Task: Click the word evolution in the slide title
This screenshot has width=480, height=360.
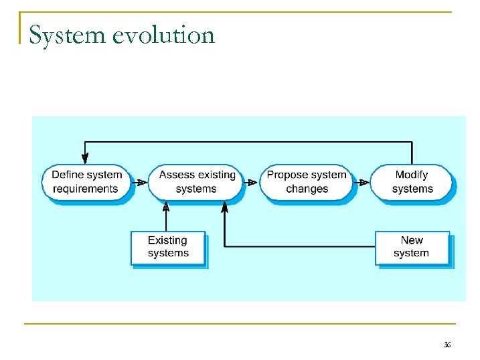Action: (163, 35)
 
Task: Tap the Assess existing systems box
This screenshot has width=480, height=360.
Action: (196, 181)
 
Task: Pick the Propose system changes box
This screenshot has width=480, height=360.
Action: (306, 181)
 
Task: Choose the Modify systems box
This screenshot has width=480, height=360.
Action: (411, 181)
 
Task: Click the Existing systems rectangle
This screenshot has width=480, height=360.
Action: (167, 247)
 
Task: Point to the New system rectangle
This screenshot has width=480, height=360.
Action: (411, 247)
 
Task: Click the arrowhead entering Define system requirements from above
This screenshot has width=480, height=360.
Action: (85, 158)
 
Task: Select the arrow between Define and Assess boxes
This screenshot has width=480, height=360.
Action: (139, 181)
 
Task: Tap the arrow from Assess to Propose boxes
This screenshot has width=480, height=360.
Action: (250, 181)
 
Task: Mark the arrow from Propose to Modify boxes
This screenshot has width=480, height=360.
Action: (362, 181)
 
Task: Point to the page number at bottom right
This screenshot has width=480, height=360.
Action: (447, 345)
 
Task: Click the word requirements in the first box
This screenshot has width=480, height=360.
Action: (86, 189)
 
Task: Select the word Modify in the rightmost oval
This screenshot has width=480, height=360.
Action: (411, 175)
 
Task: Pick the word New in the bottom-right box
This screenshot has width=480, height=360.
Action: (411, 240)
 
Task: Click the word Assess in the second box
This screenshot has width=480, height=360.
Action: (176, 175)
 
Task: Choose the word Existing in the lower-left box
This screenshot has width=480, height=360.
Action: (167, 240)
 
